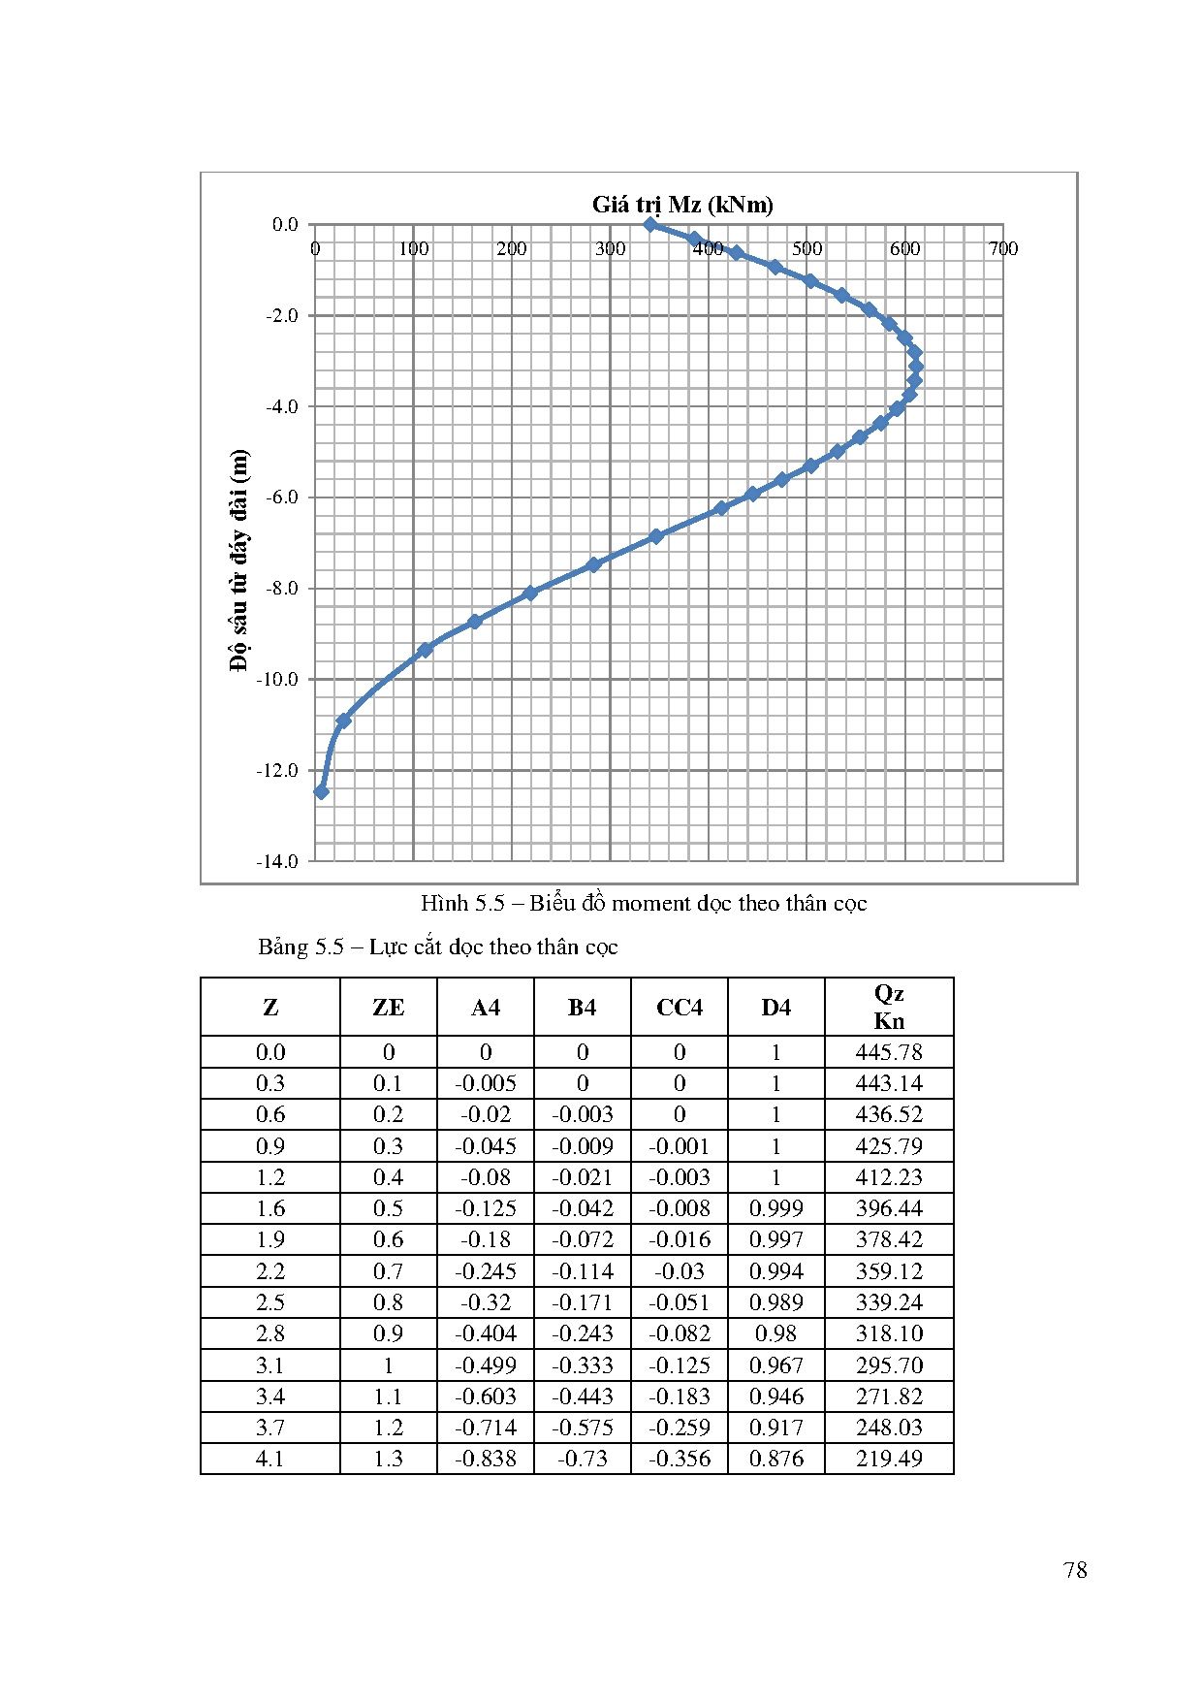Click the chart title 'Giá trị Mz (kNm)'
[x=682, y=205]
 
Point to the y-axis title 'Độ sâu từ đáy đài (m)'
[x=239, y=560]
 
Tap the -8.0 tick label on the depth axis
[x=282, y=589]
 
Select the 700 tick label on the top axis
[x=1003, y=249]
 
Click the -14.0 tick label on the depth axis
[x=277, y=861]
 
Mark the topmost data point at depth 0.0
[x=650, y=225]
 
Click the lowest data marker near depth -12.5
[x=322, y=792]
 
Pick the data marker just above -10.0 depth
[x=425, y=650]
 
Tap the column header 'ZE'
[x=388, y=1008]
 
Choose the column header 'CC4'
[x=679, y=1008]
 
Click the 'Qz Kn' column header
[x=889, y=1007]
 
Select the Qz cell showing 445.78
[x=889, y=1052]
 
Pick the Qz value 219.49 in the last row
[x=889, y=1459]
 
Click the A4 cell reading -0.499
[x=486, y=1365]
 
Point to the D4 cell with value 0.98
[x=775, y=1333]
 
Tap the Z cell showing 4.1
[x=270, y=1459]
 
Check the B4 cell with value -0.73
[x=583, y=1459]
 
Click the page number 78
[x=1075, y=1570]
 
